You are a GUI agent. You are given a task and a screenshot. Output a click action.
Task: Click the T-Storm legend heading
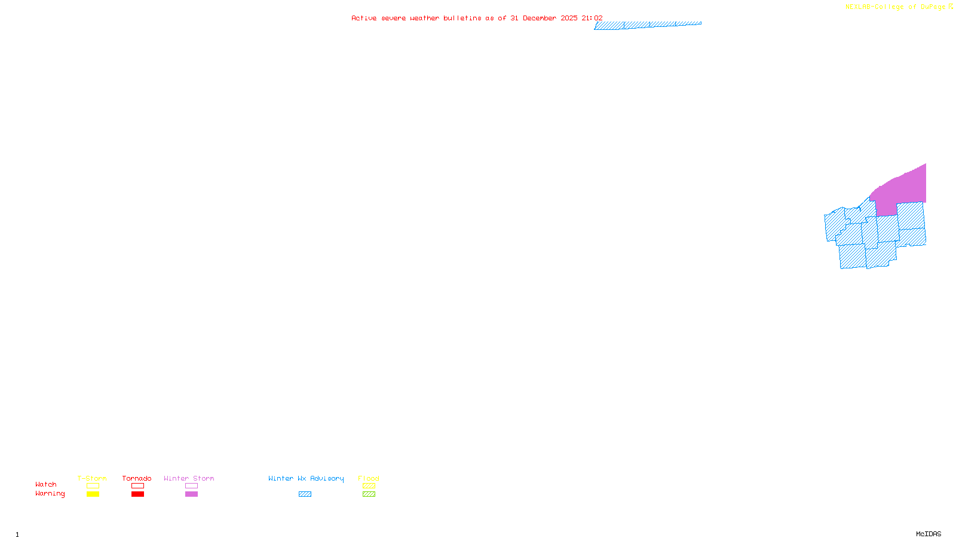coord(92,478)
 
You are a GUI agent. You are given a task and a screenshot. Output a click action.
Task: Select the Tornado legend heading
coord(137,478)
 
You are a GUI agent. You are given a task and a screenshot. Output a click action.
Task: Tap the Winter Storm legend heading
coord(189,478)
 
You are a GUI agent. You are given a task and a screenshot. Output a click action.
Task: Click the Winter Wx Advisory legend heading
coord(306,478)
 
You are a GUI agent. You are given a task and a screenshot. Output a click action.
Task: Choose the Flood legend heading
coord(369,478)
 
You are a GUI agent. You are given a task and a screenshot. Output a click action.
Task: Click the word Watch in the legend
coord(46,484)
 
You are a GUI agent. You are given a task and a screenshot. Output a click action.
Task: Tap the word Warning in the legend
coord(50,494)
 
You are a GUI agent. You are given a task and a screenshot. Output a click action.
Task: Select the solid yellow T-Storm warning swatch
coord(93,494)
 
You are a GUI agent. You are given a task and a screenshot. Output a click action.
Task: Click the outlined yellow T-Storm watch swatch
coord(93,486)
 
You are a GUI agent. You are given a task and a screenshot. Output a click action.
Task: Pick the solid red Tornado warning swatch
coord(137,494)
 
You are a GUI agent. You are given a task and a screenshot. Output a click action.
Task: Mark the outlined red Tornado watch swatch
coord(137,486)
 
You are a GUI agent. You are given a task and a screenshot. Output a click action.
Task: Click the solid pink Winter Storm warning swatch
coord(191,494)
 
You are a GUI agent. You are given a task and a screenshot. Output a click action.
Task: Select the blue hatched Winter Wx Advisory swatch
coord(305,494)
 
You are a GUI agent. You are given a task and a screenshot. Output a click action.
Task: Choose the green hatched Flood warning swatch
coord(369,494)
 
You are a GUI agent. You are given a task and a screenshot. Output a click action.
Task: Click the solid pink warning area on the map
coord(902,188)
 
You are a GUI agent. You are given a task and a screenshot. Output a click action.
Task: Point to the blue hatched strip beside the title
coord(648,25)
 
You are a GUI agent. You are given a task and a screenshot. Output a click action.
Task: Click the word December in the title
coord(540,18)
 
